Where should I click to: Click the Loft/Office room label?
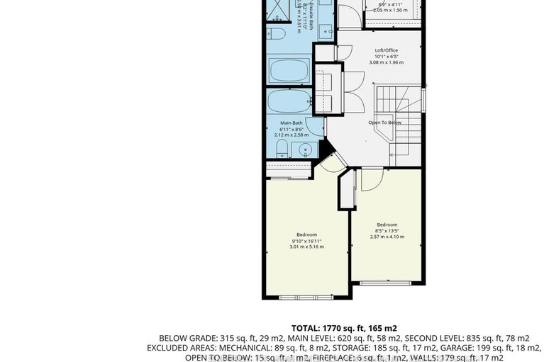pyautogui.click(x=386, y=50)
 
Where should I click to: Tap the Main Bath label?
pyautogui.click(x=291, y=123)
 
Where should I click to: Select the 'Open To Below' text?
pyautogui.click(x=384, y=123)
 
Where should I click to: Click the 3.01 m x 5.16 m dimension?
pyautogui.click(x=306, y=247)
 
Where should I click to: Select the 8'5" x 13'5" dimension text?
pyautogui.click(x=389, y=230)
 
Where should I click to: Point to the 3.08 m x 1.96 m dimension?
pyautogui.click(x=386, y=62)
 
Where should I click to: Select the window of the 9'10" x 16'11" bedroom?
pyautogui.click(x=302, y=297)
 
